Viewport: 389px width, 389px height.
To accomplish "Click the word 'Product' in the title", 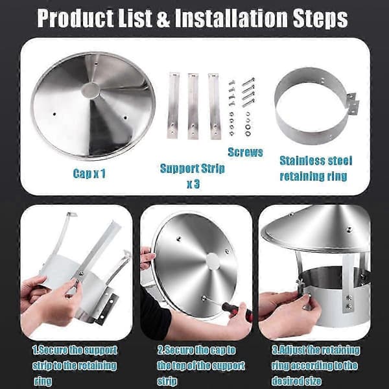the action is (x=75, y=18).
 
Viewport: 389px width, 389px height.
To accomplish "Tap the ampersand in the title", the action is (x=163, y=19).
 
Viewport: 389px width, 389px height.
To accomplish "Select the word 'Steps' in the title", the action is (x=320, y=19).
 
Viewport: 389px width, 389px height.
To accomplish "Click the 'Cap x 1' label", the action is (x=89, y=173).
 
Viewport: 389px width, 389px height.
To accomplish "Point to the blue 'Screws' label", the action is (x=245, y=152).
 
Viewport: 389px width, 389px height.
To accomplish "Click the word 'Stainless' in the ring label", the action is (x=301, y=161).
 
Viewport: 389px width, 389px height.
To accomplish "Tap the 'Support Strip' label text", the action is (x=193, y=169).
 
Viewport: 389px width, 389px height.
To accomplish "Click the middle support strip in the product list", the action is (x=193, y=106).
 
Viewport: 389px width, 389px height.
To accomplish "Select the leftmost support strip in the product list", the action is (x=173, y=106).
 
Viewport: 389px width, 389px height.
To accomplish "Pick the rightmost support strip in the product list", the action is (x=215, y=106).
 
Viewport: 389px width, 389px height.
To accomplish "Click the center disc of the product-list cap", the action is (x=90, y=89).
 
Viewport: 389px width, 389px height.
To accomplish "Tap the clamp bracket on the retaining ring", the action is (x=353, y=104).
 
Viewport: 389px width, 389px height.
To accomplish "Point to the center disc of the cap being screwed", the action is (x=213, y=261).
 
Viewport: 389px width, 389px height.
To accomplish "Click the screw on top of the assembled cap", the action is (x=349, y=228).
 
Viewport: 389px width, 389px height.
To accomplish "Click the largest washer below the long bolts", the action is (x=248, y=127).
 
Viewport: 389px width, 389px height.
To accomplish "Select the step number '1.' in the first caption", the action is (x=36, y=350).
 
